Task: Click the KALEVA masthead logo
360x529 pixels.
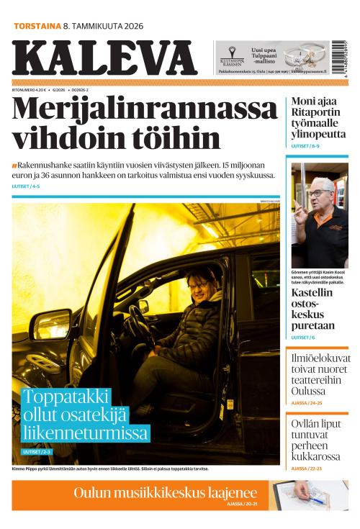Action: [104, 58]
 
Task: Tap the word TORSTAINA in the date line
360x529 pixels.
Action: [37, 26]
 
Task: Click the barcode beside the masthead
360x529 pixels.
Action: [339, 58]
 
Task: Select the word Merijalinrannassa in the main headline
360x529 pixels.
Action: [145, 109]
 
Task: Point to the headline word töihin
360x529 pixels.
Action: [177, 138]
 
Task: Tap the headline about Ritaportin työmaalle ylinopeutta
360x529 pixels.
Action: [318, 119]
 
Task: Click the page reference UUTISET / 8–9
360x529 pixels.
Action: [305, 146]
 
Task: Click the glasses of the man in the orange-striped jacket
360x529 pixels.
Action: [320, 193]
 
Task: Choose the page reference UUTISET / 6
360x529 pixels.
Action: [302, 337]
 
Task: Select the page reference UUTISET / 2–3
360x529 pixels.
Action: [37, 451]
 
